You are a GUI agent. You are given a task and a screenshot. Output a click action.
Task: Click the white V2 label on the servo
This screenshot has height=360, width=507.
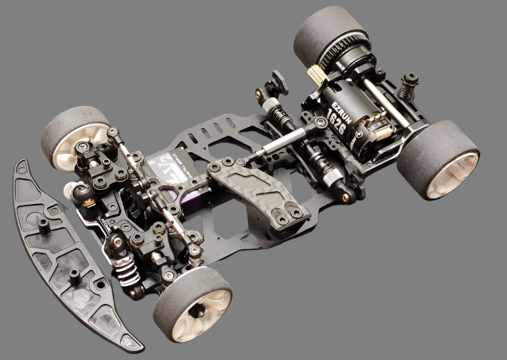[x=166, y=162]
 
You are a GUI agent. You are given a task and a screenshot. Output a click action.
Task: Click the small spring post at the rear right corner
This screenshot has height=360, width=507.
[x=408, y=86]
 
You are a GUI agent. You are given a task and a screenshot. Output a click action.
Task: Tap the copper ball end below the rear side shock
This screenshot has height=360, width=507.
[x=347, y=197]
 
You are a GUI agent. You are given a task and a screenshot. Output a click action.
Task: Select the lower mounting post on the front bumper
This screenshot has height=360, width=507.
[x=74, y=277]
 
